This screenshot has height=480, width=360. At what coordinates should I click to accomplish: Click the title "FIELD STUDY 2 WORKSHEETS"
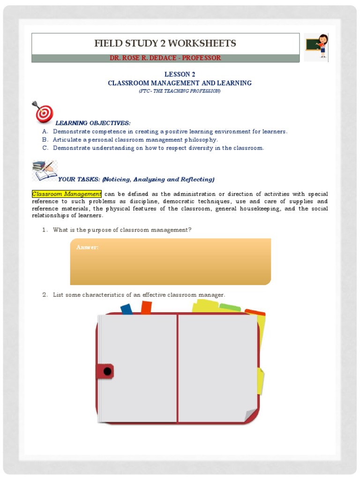[165, 44]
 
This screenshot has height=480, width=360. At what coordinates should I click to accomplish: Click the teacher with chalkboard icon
[316, 47]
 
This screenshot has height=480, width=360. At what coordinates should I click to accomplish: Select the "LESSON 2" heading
[180, 75]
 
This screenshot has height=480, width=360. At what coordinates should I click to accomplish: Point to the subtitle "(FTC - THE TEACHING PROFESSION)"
[180, 91]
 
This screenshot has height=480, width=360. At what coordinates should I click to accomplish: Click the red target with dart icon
[43, 112]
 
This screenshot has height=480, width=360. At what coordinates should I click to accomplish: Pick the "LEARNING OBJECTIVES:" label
[93, 123]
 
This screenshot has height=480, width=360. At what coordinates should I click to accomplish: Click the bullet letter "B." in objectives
[45, 140]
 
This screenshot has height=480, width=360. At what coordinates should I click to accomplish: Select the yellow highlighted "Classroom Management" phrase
[67, 194]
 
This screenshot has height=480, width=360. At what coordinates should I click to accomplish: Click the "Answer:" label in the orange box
[88, 247]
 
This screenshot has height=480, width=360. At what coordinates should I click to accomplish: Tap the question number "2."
[45, 295]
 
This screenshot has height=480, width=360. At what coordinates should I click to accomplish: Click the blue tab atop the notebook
[127, 309]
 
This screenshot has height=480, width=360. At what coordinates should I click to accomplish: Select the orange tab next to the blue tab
[146, 307]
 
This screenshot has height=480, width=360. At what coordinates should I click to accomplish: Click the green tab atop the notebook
[230, 308]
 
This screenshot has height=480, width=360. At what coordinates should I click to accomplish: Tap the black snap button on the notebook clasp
[107, 372]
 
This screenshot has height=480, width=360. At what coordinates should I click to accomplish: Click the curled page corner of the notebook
[251, 415]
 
